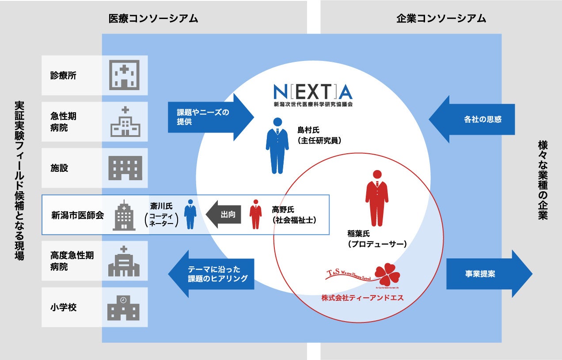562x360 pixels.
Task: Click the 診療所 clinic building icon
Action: [x=124, y=75]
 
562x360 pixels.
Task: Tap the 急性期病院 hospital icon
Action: [x=125, y=121]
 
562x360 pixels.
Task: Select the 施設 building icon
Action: [x=125, y=168]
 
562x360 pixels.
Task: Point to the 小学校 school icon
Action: [x=124, y=307]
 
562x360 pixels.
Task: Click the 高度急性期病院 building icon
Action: [x=124, y=261]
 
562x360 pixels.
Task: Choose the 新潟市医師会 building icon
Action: [x=124, y=215]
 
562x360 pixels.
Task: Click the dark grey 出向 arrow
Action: [x=224, y=215]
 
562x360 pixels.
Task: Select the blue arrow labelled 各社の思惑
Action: [x=472, y=119]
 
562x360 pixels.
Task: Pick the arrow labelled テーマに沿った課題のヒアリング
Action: [x=212, y=274]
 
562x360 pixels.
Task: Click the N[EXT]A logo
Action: [x=313, y=93]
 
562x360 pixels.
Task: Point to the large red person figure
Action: [x=377, y=198]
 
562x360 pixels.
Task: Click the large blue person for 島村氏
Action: [x=277, y=146]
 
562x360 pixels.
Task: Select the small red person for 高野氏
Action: [x=255, y=214]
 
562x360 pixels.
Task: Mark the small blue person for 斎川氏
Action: [x=190, y=214]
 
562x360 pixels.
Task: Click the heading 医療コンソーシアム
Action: [x=153, y=19]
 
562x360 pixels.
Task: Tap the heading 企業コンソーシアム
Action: [x=441, y=19]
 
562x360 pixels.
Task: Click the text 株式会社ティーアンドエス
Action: [x=362, y=298]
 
